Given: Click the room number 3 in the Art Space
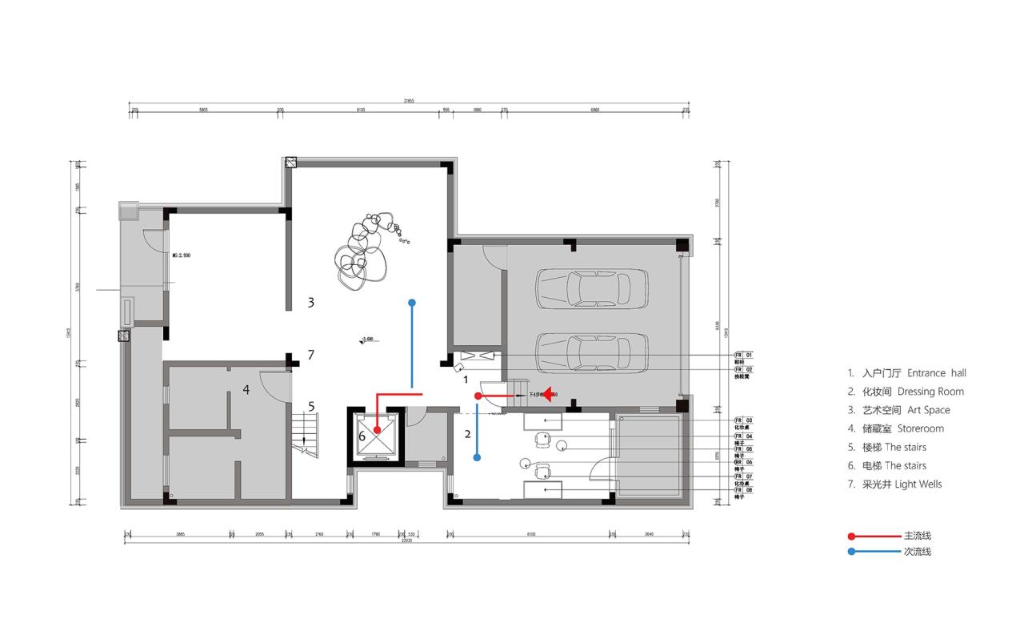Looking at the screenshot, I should tap(310, 303).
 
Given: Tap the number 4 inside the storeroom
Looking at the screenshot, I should tap(246, 390).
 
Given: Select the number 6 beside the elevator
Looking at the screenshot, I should tap(362, 436).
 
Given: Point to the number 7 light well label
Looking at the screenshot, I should tap(310, 355).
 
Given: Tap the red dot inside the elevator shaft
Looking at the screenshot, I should tap(377, 430).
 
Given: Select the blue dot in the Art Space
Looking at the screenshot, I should tap(412, 303).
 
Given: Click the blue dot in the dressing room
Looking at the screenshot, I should tap(477, 458).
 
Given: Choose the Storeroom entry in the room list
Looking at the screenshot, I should tap(920, 428).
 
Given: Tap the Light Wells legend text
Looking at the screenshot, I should tap(918, 484).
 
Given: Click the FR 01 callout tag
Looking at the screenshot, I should tap(743, 354).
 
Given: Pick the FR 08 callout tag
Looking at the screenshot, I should tap(743, 490).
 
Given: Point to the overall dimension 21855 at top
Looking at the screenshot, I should tap(409, 101).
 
